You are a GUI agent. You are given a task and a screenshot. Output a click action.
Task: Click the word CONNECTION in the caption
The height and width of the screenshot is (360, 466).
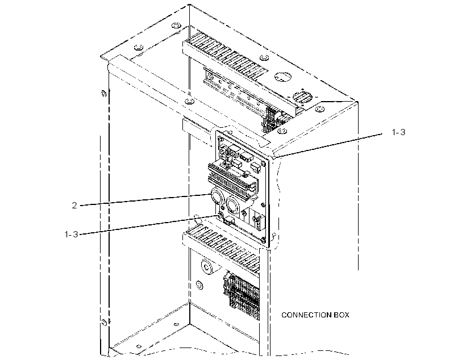[x=306, y=315]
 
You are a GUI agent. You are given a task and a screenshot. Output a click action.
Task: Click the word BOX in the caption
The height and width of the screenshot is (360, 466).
[x=342, y=315]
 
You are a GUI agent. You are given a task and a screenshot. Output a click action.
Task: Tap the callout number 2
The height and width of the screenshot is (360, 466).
[x=74, y=205]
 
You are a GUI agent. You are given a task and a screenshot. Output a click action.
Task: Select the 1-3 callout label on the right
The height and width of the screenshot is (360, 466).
[x=398, y=132]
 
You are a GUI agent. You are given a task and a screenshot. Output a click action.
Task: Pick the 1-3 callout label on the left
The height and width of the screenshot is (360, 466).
[x=72, y=235]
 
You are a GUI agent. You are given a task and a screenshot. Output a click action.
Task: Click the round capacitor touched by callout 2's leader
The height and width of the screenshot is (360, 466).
[x=218, y=196]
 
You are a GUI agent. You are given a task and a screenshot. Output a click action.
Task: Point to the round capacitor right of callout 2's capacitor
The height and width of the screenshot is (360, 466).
[x=234, y=204]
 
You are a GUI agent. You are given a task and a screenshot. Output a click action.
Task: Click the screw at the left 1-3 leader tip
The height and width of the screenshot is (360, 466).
[x=221, y=215]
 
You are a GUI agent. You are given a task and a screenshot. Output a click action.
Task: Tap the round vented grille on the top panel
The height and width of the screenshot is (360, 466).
[x=302, y=97]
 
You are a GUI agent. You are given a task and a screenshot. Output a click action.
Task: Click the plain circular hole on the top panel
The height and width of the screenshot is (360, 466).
[x=282, y=77]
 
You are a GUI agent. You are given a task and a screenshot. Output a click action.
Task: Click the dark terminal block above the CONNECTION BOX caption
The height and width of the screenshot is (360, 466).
[x=242, y=297]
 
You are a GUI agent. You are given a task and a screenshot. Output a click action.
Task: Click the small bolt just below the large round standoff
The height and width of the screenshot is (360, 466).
[x=199, y=285]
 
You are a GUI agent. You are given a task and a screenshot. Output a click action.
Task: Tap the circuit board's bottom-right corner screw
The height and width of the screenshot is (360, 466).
[x=263, y=240]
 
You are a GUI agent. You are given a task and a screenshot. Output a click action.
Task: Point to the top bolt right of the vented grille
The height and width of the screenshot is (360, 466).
[x=319, y=108]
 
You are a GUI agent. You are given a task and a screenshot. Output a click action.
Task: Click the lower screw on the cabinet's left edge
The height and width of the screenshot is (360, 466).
[x=104, y=322]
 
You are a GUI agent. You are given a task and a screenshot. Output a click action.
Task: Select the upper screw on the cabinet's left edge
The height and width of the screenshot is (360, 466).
[x=104, y=94]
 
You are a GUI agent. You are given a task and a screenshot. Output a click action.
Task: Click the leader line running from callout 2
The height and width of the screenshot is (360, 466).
[x=145, y=200]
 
